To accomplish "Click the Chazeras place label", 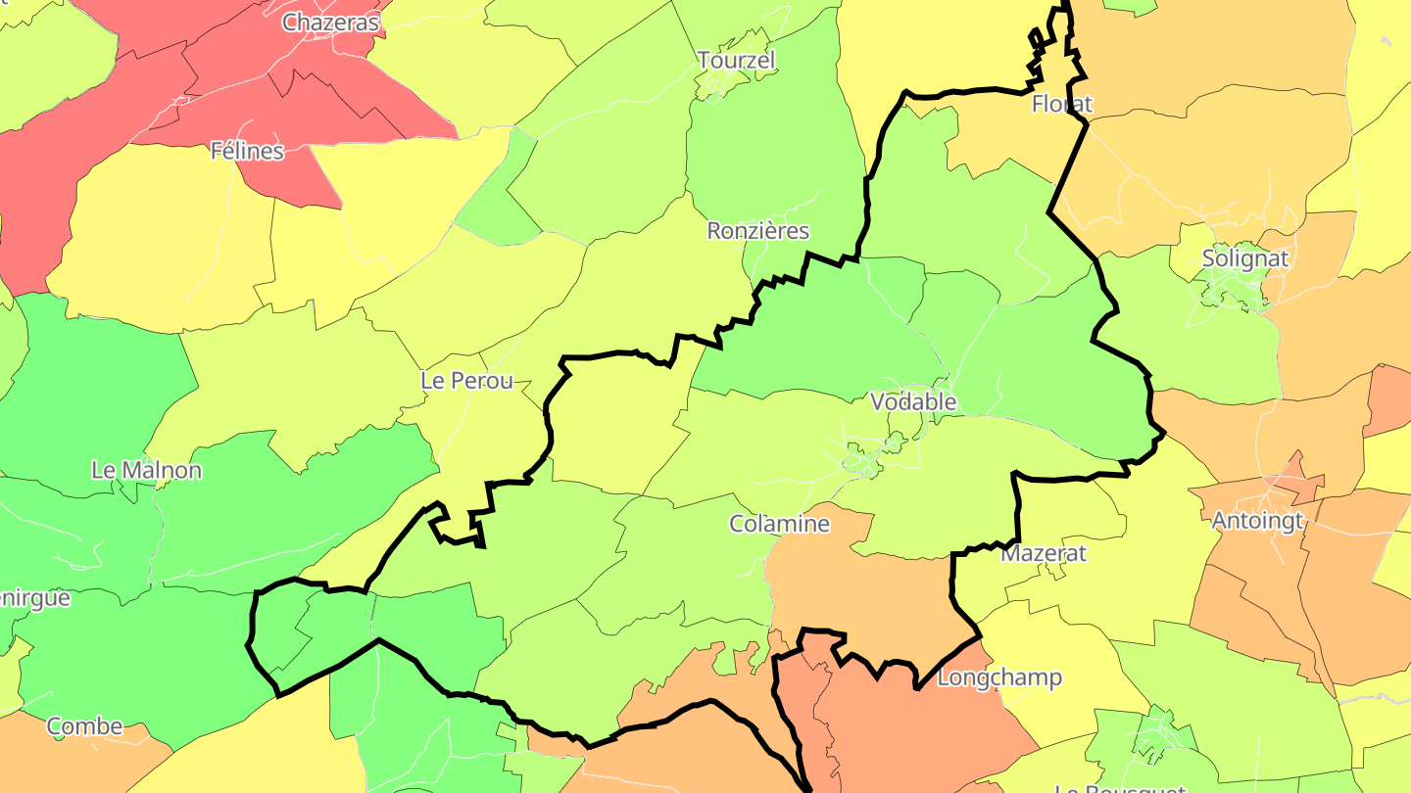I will (330, 23).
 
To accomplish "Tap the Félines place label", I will (247, 151).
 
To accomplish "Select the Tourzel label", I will (736, 60).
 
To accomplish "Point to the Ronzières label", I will (758, 231).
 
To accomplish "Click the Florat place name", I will (1062, 103).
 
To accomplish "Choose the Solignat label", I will (1245, 259).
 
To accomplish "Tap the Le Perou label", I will (466, 381).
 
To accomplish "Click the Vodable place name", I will (913, 401).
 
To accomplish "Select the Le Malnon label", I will (146, 470).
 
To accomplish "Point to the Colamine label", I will (779, 524).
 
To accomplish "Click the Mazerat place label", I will (1044, 553).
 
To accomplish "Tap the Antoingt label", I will (1258, 521).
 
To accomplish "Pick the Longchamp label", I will (999, 677).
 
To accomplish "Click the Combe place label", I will (84, 726).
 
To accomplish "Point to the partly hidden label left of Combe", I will (33, 598).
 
